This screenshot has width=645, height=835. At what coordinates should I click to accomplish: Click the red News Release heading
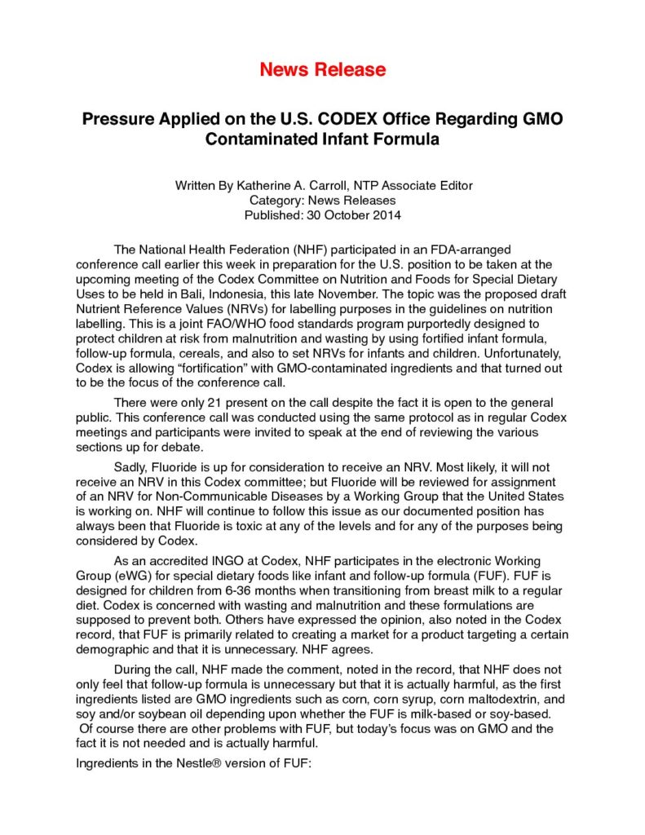point(322,69)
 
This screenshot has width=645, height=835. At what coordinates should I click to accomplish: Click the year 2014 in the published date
point(383,215)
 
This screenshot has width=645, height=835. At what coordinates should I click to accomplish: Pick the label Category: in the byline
point(275,201)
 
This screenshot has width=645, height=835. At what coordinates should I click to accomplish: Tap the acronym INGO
point(217,562)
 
